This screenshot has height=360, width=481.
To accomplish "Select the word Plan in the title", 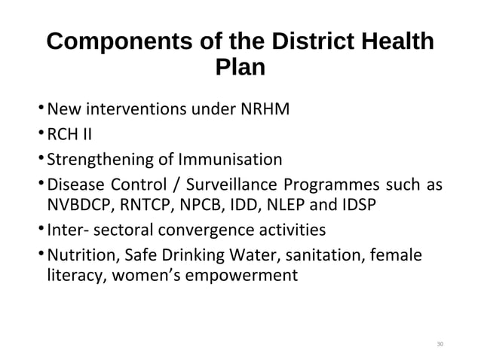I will click(240, 68).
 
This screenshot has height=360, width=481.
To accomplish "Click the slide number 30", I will click(440, 345).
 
